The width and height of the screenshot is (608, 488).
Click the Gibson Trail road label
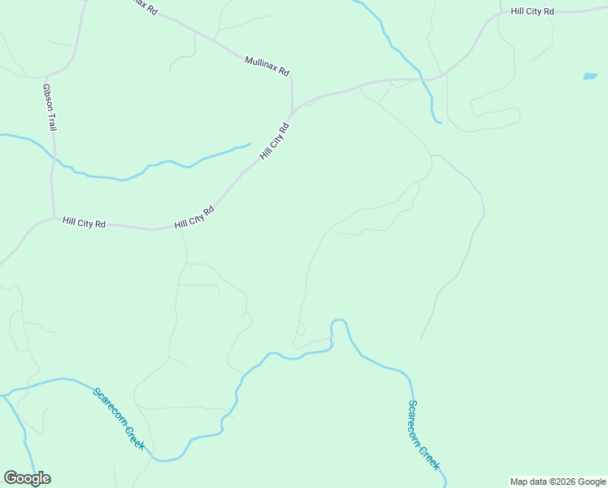(50, 106)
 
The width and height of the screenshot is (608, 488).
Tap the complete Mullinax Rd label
(267, 66)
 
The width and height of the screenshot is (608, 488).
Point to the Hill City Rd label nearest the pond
(532, 11)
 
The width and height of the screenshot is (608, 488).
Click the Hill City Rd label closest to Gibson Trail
(84, 223)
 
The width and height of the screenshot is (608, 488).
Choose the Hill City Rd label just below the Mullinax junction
(274, 141)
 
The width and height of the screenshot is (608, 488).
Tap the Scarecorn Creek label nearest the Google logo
(119, 419)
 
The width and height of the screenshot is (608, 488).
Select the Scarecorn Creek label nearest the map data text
(423, 435)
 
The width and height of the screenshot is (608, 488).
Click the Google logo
(27, 478)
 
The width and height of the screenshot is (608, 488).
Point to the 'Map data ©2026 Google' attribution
(558, 481)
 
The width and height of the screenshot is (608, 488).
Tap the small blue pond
(590, 76)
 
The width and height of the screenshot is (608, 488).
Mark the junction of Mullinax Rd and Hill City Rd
(293, 109)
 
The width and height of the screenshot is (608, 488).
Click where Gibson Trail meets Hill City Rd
(54, 218)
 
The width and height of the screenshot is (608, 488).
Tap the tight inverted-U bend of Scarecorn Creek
(339, 321)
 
